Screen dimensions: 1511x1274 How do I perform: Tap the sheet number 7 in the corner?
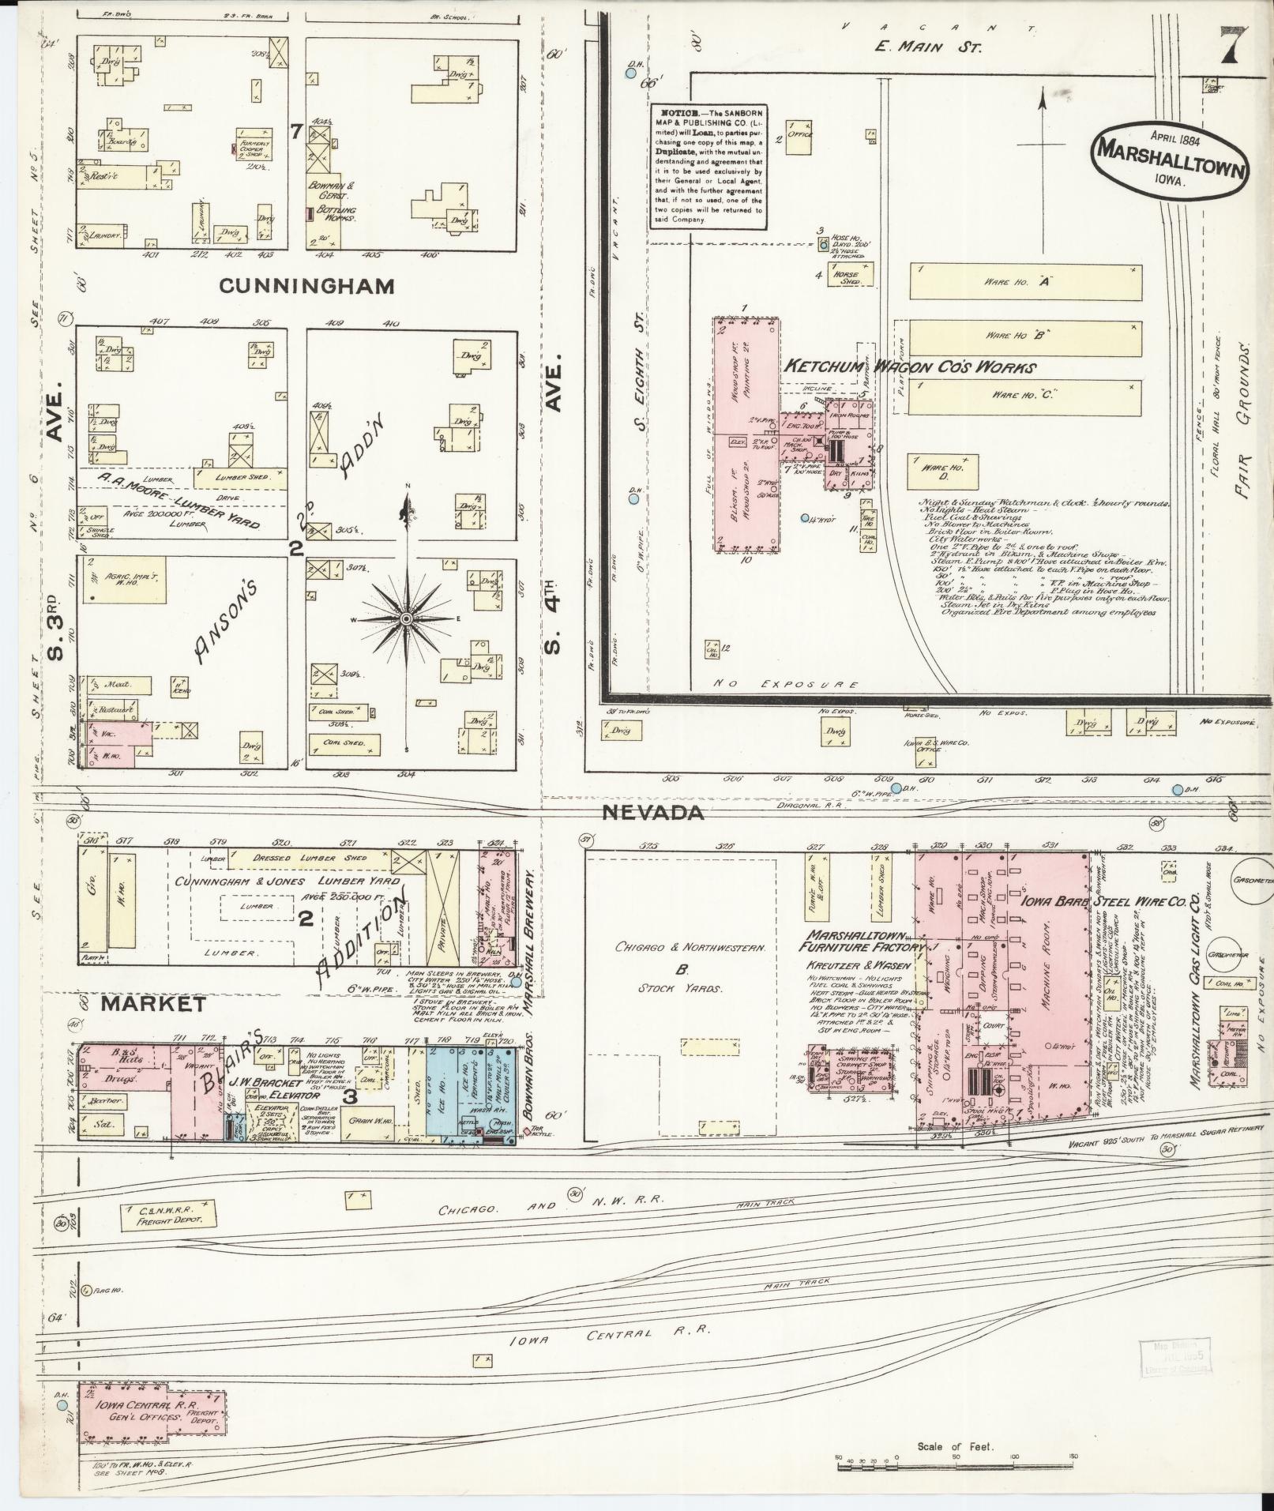[1229, 47]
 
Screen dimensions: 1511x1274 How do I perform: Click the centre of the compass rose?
[405, 618]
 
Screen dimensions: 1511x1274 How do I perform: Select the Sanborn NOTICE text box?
[708, 167]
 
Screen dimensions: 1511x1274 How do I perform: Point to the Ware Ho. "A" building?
[1025, 281]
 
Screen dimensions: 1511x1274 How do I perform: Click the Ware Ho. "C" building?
[1025, 393]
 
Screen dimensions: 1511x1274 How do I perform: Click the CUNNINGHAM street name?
[306, 285]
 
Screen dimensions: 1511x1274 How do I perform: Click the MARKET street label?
[153, 1004]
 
